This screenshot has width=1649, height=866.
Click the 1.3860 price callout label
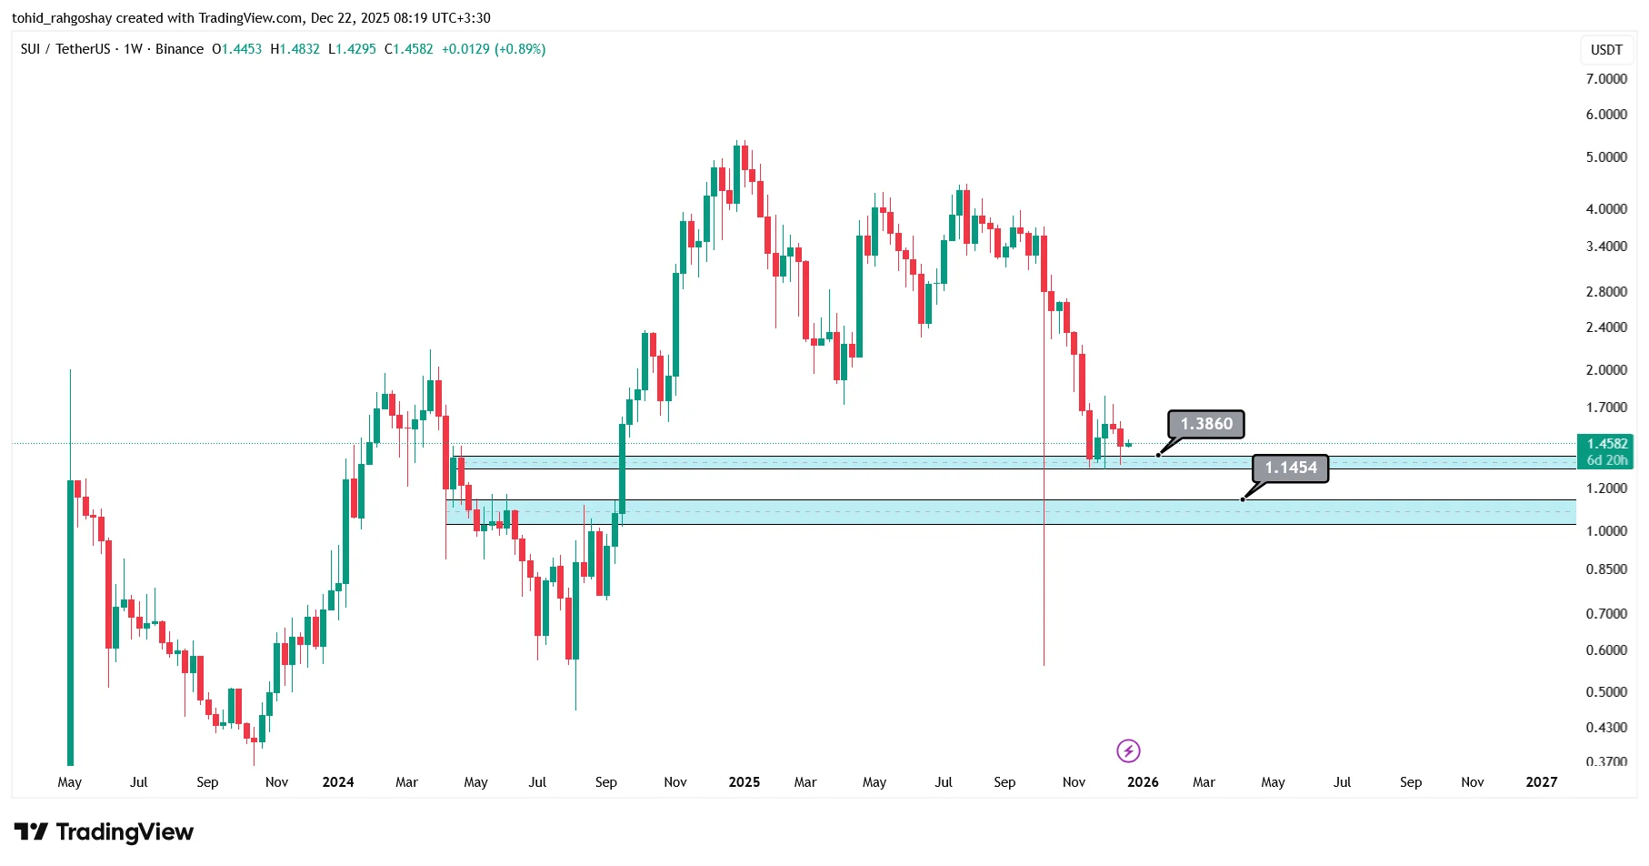(x=1206, y=424)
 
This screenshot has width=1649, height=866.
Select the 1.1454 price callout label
(x=1291, y=468)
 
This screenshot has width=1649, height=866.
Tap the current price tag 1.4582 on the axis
(x=1606, y=444)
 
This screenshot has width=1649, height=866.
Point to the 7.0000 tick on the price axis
(x=1606, y=79)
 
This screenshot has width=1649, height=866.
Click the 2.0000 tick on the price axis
(x=1606, y=370)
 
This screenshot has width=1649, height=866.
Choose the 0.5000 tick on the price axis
(x=1606, y=692)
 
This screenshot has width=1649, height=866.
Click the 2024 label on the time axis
(x=338, y=782)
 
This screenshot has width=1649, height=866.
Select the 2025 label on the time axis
(x=744, y=782)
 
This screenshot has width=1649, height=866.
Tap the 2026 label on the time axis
(x=1143, y=782)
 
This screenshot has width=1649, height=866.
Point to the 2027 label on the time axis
(x=1541, y=782)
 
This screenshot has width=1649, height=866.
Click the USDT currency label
(x=1606, y=50)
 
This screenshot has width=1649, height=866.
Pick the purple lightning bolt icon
(x=1128, y=750)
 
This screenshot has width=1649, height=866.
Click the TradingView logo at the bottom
(x=104, y=831)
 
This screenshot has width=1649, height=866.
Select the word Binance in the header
(x=179, y=49)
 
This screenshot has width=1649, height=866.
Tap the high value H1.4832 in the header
(x=295, y=49)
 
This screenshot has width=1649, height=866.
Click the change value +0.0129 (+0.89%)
(x=494, y=49)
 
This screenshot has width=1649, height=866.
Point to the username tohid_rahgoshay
(x=62, y=18)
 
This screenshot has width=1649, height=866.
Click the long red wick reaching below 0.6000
(x=1044, y=591)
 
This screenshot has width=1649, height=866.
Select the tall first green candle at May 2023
(x=70, y=619)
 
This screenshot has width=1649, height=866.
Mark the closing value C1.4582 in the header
(x=408, y=49)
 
